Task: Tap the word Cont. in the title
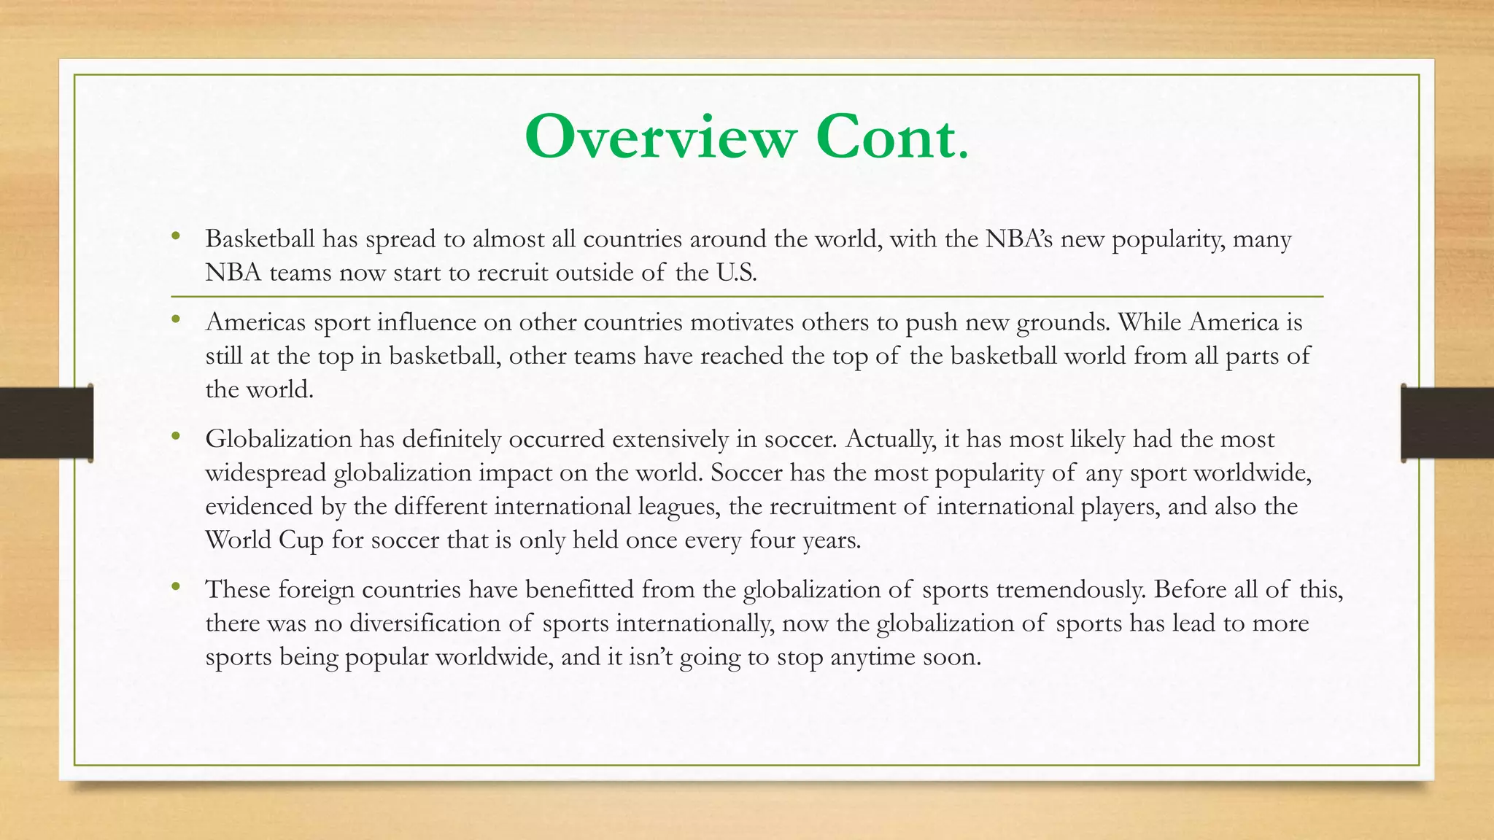tap(892, 137)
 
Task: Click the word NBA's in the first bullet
tap(1019, 238)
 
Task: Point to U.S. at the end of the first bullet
tap(732, 273)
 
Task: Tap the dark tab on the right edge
tap(1447, 423)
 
